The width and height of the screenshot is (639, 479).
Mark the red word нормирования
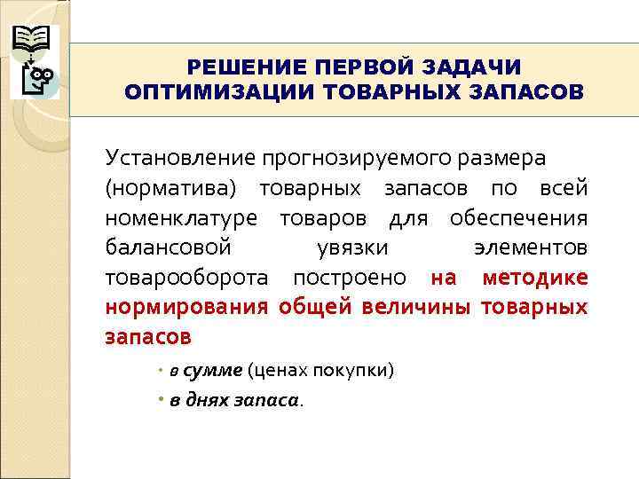click(x=186, y=307)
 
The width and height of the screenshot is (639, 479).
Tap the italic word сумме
click(x=213, y=369)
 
